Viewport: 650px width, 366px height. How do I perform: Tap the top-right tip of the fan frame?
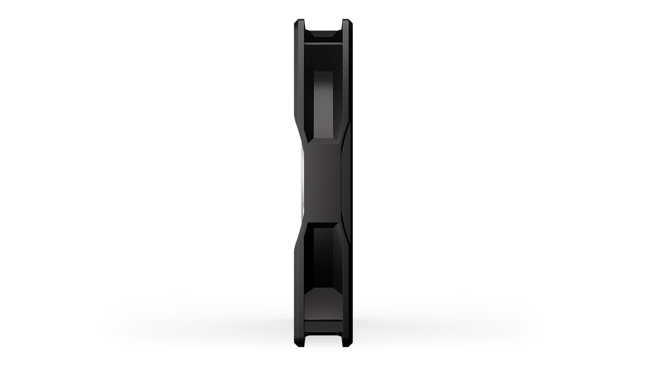click(x=347, y=21)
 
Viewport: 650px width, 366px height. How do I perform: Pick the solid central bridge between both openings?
click(x=323, y=183)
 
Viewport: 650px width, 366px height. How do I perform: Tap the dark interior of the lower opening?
click(x=323, y=252)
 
